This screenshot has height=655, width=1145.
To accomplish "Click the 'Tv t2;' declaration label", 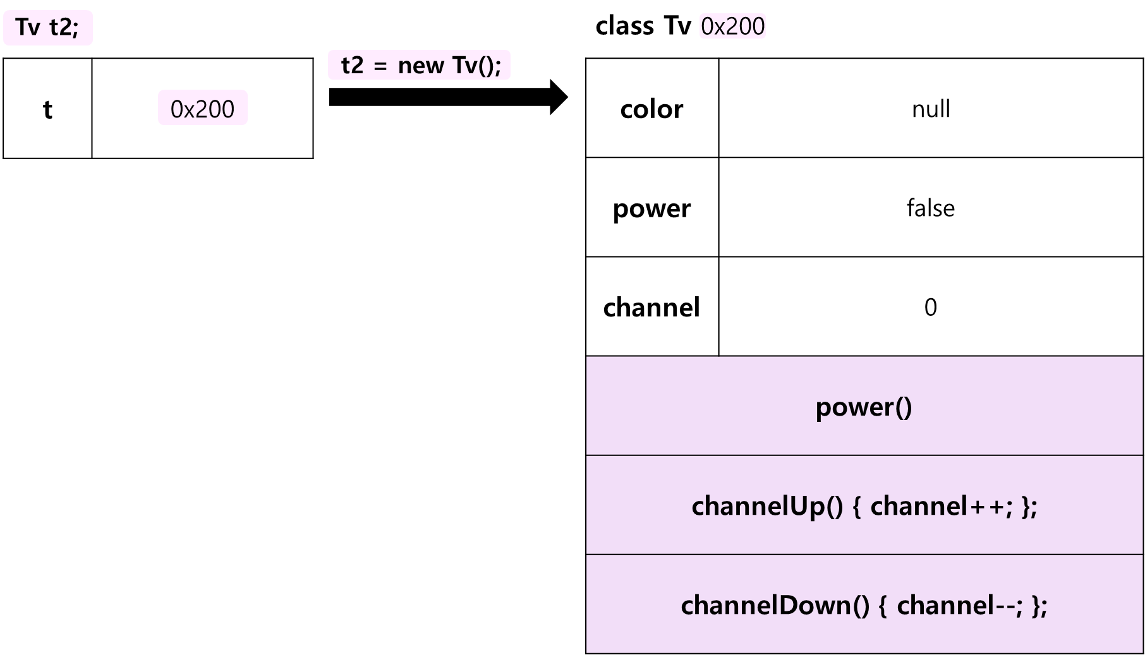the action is [x=47, y=28].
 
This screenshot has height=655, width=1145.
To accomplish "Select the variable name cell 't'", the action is [x=47, y=109].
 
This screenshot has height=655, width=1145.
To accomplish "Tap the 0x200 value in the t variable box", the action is [x=202, y=109].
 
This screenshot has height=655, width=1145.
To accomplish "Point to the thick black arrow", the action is [x=449, y=97].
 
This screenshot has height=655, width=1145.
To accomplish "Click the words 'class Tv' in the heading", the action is [x=643, y=26].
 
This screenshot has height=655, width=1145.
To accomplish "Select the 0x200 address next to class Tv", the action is [x=733, y=26].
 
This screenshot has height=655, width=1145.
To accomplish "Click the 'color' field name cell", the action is [x=652, y=109].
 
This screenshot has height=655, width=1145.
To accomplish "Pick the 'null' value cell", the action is [x=931, y=109].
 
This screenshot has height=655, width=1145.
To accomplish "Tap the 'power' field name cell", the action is [x=652, y=208].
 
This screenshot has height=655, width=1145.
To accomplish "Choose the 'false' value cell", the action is [x=931, y=208].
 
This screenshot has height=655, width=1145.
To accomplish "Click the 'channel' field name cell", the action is [x=652, y=307].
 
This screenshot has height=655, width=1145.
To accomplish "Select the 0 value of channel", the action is [x=931, y=307].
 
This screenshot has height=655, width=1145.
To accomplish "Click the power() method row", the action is [x=864, y=406].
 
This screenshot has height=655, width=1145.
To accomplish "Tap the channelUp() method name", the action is [x=768, y=506].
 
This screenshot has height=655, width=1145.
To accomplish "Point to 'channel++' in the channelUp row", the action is [x=938, y=506].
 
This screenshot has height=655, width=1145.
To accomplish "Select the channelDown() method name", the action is [x=775, y=605].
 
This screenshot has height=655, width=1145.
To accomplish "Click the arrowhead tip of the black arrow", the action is [x=568, y=97].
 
